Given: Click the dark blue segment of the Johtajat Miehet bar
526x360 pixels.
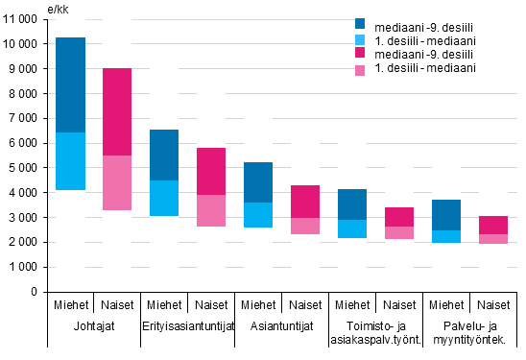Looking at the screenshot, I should [x=70, y=84].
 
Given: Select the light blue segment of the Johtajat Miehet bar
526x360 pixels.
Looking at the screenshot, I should [x=70, y=161].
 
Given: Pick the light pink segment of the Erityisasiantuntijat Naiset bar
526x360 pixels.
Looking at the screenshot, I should [x=211, y=210].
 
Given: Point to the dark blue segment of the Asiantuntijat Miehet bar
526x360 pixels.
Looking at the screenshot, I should [x=258, y=182].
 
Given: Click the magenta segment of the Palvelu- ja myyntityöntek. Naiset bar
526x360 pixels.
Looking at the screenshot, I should [x=493, y=225].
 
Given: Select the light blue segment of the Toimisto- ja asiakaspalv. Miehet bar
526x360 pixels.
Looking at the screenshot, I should [x=352, y=228].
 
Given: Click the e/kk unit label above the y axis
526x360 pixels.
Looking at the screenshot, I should [x=58, y=8].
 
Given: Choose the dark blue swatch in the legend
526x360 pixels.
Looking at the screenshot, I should [x=361, y=24].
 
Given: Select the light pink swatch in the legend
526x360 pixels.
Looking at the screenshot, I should [x=361, y=70].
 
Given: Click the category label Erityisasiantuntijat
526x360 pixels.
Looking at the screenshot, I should [x=188, y=326].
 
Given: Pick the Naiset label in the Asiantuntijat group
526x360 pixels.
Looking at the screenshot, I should [x=305, y=304].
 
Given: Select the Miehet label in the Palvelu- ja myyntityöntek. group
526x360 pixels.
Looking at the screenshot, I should [x=446, y=304].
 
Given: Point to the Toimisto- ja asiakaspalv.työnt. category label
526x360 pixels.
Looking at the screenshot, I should [x=375, y=333].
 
